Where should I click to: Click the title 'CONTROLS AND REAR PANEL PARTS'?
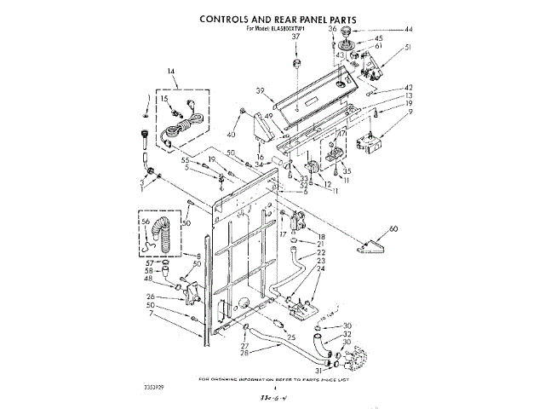pyautogui.click(x=278, y=18)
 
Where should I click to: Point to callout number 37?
pyautogui.click(x=296, y=37)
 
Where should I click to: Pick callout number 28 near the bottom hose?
pyautogui.click(x=244, y=352)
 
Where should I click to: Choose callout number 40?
pyautogui.click(x=230, y=135)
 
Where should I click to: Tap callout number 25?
pyautogui.click(x=291, y=337)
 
